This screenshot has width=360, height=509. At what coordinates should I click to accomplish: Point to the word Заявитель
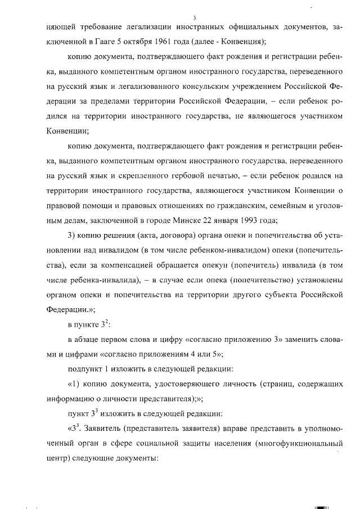click(x=103, y=428)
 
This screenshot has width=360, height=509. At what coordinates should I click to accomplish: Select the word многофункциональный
click(x=298, y=443)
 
